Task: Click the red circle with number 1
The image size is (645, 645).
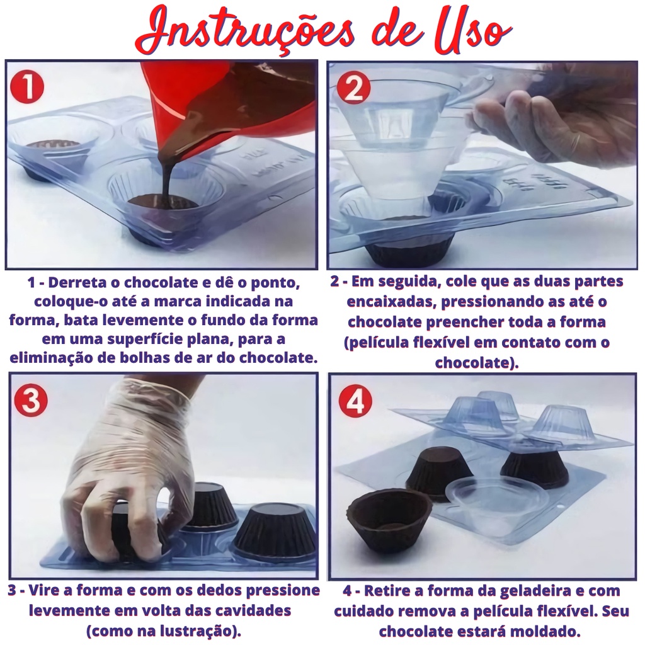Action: (x=27, y=88)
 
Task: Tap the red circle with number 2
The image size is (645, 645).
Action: (x=353, y=88)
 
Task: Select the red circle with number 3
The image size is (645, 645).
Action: (x=31, y=401)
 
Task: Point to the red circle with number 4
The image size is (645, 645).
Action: (x=355, y=401)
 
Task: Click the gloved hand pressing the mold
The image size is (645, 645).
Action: (x=132, y=460)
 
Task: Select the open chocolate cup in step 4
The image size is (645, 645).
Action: (x=389, y=522)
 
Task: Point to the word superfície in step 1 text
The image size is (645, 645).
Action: (x=157, y=340)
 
